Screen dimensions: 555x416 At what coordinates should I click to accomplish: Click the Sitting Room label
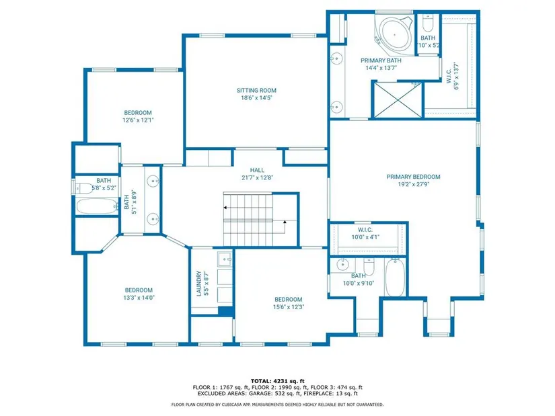pos(256,91)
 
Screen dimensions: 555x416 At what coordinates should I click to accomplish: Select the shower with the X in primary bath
pos(398,99)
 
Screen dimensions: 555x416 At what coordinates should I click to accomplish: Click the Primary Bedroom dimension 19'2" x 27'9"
pos(414,184)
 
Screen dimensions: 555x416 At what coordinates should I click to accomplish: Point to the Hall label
pos(257,170)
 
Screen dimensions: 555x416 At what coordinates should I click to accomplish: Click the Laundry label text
pos(198,284)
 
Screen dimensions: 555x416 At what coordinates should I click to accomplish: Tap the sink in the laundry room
pos(225,259)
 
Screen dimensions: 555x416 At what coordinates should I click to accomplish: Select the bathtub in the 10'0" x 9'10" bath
pos(395,278)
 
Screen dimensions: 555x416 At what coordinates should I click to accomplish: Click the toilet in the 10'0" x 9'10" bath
pos(369,267)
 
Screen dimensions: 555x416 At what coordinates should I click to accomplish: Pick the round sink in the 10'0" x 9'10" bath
pos(342,264)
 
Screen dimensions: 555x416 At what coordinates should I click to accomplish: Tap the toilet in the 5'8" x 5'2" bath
pos(83,188)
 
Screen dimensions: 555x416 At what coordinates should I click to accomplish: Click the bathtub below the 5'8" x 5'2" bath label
pos(97,206)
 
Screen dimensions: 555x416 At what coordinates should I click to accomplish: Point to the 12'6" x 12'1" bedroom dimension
pos(138,120)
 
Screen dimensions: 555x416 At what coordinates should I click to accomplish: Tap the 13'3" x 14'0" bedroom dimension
pos(139,298)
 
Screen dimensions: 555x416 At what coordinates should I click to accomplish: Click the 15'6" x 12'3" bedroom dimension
pos(289,307)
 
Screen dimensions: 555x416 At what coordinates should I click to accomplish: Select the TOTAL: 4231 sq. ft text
pos(277,381)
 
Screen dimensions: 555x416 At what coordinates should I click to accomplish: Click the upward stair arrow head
pos(285,222)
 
